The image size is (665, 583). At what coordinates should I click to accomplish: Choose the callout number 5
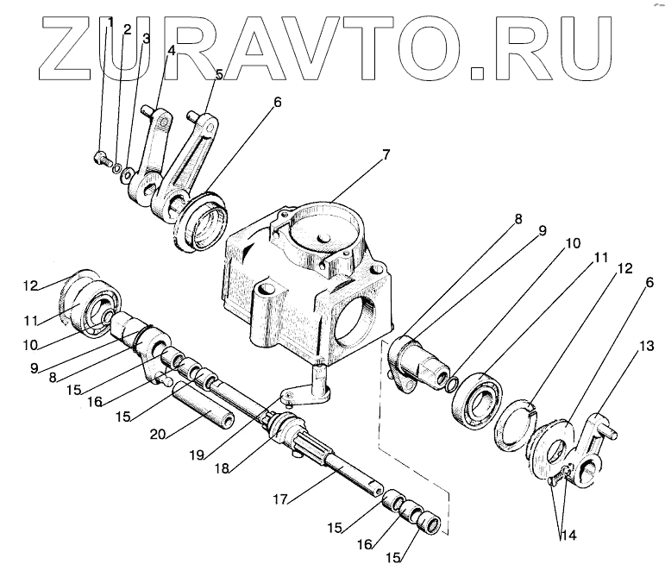pyautogui.click(x=219, y=74)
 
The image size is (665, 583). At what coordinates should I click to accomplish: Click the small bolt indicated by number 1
pyautogui.click(x=101, y=158)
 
